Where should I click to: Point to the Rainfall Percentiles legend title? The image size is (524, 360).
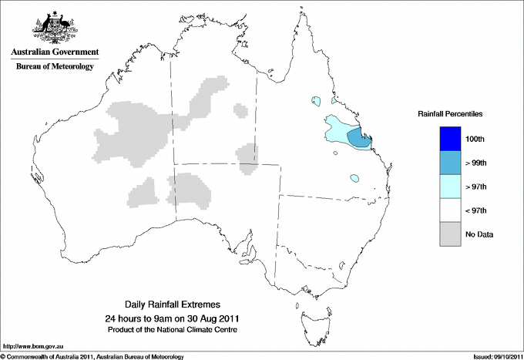pyautogui.click(x=450, y=113)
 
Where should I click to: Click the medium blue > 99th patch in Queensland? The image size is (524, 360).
pyautogui.click(x=358, y=138)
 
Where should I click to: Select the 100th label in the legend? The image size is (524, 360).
pyautogui.click(x=475, y=139)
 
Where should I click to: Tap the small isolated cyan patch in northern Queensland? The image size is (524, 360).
pyautogui.click(x=316, y=100)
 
